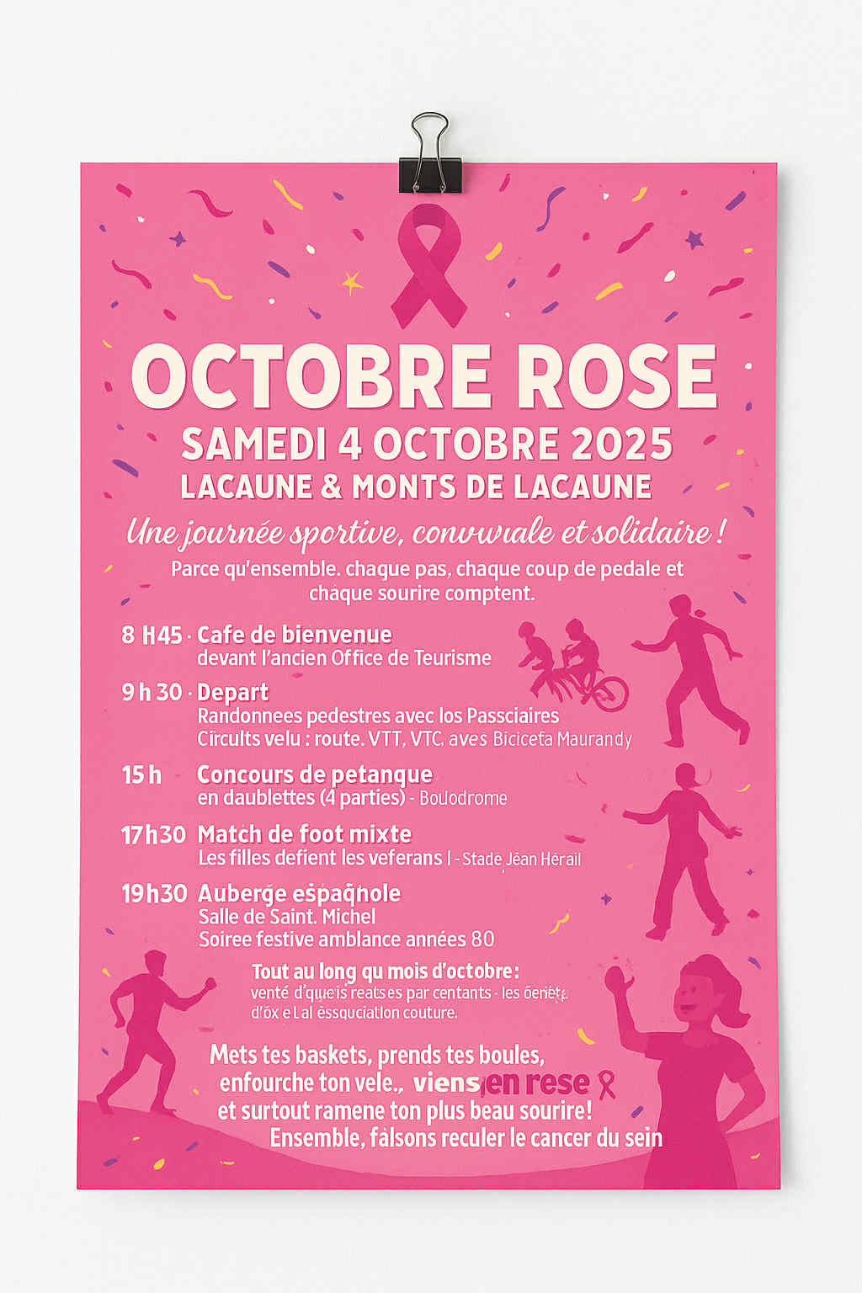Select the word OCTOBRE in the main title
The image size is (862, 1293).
click(311, 376)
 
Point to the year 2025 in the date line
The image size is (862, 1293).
click(622, 444)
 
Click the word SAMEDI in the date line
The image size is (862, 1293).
click(253, 444)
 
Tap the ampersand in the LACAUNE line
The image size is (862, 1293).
click(332, 487)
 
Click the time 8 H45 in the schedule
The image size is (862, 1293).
click(152, 635)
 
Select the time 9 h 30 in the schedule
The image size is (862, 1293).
click(152, 692)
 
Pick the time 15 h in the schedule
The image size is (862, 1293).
click(141, 774)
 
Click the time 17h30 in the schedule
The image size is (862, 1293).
click(153, 834)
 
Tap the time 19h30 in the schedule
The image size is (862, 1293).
click(154, 893)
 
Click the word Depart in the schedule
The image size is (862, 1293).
click(233, 693)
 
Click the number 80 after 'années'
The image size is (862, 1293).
click(483, 939)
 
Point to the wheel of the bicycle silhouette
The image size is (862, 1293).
click(611, 694)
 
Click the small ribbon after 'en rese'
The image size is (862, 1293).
click(606, 1084)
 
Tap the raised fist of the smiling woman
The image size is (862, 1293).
click(618, 980)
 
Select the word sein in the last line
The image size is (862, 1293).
click(643, 1138)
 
